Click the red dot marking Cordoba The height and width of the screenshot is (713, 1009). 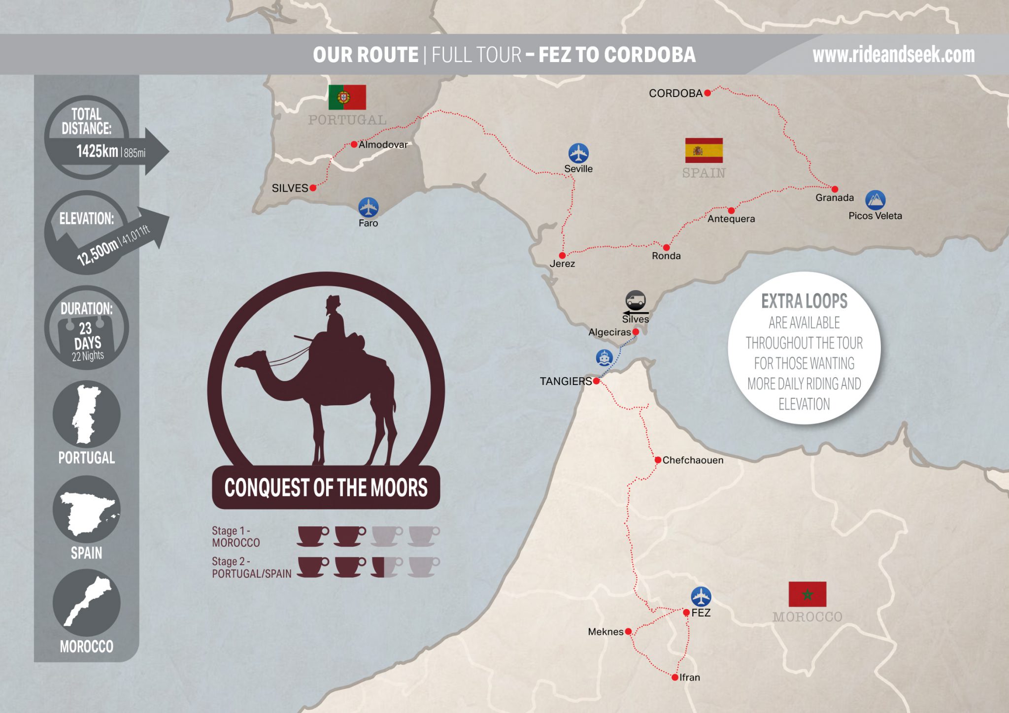tap(707, 93)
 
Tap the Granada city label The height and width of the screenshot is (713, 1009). tap(834, 197)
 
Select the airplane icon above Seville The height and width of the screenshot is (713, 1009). tap(578, 153)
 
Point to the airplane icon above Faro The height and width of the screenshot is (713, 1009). tap(368, 207)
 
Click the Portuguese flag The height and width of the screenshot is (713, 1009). tap(347, 97)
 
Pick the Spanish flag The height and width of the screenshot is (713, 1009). tap(704, 150)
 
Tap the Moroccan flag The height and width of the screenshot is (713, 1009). tap(807, 594)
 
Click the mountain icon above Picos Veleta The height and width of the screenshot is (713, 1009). tap(875, 200)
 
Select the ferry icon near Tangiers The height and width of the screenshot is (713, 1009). tap(604, 357)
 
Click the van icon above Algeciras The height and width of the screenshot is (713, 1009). tap(636, 300)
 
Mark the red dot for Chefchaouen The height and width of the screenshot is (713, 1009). tap(658, 460)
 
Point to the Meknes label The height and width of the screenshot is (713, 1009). tap(605, 632)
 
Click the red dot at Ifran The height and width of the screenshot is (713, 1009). tap(674, 678)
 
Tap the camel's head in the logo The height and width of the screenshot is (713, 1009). tap(251, 360)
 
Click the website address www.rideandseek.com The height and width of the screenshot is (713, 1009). tap(893, 55)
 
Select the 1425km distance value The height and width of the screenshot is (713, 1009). tap(97, 151)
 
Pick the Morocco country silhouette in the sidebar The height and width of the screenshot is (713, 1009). tap(87, 602)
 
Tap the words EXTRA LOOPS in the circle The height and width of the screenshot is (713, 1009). tap(804, 301)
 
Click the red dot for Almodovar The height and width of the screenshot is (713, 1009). tap(354, 144)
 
